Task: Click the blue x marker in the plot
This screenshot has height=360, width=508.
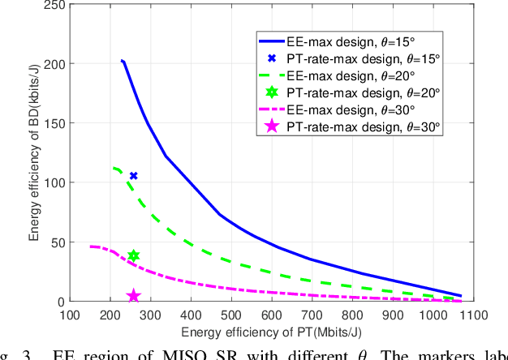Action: pos(134,176)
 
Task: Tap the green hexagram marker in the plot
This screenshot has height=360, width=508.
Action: pos(134,256)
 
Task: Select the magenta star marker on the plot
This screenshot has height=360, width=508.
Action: pos(134,297)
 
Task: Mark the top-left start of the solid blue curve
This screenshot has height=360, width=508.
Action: pos(122,61)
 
